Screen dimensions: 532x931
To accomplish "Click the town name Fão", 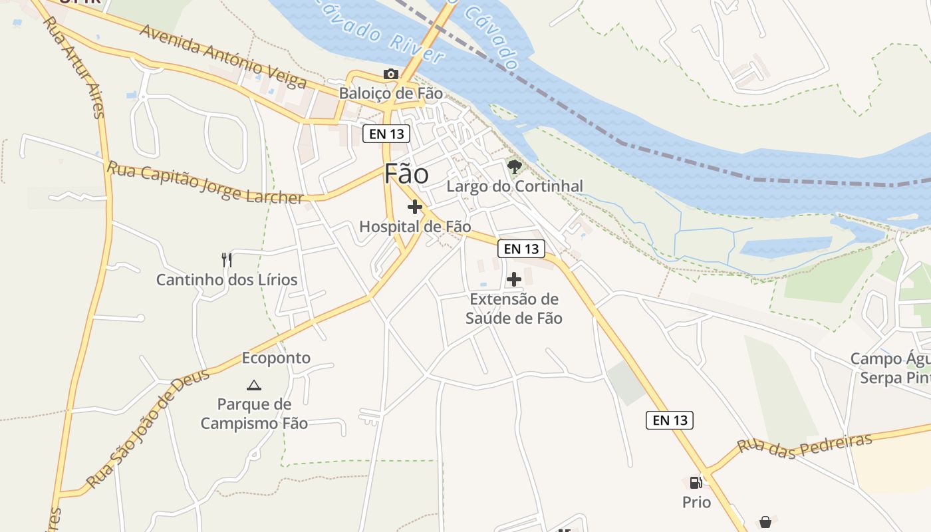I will (406, 174).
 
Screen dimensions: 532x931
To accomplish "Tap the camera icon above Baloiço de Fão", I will (391, 74).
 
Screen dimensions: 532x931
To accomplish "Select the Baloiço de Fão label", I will (390, 93).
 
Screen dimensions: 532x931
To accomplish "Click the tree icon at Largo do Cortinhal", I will (514, 166).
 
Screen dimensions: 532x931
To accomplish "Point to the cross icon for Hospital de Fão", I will (415, 207).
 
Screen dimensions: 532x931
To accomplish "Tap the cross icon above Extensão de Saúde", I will (514, 279).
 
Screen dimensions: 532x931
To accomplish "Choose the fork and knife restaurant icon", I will (227, 259).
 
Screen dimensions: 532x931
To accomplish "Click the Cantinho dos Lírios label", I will (227, 279).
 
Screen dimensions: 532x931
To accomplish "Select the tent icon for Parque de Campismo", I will (254, 385).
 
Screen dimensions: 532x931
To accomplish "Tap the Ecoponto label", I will (276, 358).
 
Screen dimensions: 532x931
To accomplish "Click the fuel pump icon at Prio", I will (696, 482).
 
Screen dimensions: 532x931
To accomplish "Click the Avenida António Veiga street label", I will (223, 56).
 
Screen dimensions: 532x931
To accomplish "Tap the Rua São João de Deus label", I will (148, 429).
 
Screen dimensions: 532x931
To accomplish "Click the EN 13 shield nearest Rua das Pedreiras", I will (670, 420).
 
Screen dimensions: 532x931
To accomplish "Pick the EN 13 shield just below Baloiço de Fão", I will (386, 134).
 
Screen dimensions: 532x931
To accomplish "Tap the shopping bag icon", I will (765, 522).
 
